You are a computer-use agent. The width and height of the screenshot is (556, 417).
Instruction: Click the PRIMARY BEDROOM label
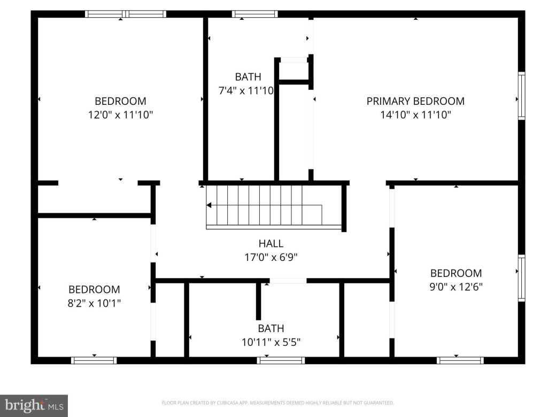415,101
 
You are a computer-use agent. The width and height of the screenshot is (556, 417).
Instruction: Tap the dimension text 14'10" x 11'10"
415,114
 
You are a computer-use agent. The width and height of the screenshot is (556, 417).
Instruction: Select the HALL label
271,244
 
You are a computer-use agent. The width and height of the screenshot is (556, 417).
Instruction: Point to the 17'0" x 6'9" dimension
271,257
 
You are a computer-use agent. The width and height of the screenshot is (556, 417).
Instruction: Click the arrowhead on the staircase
209,205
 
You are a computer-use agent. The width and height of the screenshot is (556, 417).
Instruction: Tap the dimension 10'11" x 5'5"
271,342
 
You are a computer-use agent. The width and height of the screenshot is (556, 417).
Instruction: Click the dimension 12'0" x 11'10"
120,114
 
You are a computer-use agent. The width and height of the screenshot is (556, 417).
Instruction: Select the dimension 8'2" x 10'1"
94,303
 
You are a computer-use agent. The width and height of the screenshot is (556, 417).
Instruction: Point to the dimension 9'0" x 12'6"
456,287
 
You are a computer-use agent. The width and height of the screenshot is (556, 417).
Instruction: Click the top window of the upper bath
254,14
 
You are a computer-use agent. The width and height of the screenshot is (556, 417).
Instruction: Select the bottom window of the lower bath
281,360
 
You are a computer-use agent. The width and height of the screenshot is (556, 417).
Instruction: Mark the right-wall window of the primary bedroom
521,96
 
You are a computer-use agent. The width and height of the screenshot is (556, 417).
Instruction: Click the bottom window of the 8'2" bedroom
94,360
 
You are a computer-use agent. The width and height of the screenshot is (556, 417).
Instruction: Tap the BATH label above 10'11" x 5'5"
271,328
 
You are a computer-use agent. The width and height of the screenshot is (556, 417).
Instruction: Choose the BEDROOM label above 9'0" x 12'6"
456,273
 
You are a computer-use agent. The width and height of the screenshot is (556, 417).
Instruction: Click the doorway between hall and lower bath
288,280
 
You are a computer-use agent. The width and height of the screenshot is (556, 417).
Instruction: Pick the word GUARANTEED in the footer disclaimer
380,403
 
